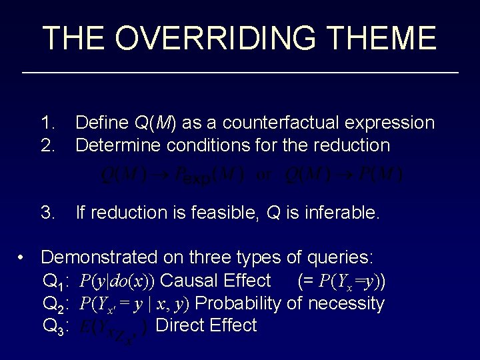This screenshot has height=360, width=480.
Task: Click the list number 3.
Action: click(x=48, y=213)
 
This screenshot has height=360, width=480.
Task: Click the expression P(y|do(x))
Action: click(x=119, y=281)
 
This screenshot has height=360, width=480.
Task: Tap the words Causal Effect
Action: click(x=216, y=280)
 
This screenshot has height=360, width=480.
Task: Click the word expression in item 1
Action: click(x=393, y=123)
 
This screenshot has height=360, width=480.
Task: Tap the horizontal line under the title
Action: click(x=240, y=71)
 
